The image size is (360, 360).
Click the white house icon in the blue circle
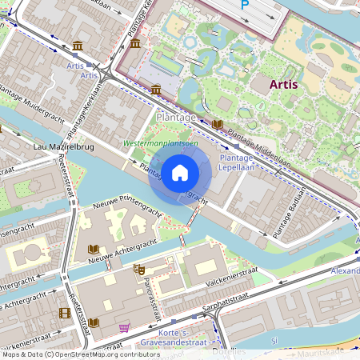(x=180, y=172)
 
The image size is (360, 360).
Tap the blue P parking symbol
(x=245, y=5)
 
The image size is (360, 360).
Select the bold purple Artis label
(x=285, y=83)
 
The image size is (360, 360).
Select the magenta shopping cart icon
(x=124, y=328)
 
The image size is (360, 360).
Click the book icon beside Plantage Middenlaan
(x=218, y=125)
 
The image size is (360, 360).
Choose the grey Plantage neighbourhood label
(x=176, y=118)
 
